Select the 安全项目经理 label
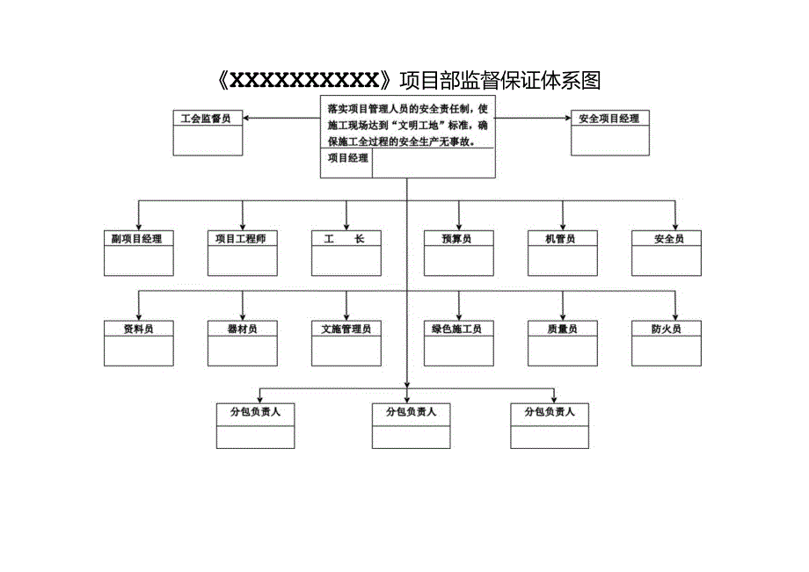point(609,118)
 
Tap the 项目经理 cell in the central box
point(346,159)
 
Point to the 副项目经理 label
point(139,238)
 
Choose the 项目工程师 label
point(243,238)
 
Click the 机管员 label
point(563,238)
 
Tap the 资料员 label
point(139,329)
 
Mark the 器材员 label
point(243,329)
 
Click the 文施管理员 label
point(346,329)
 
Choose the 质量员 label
point(563,329)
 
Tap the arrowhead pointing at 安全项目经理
point(566,118)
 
